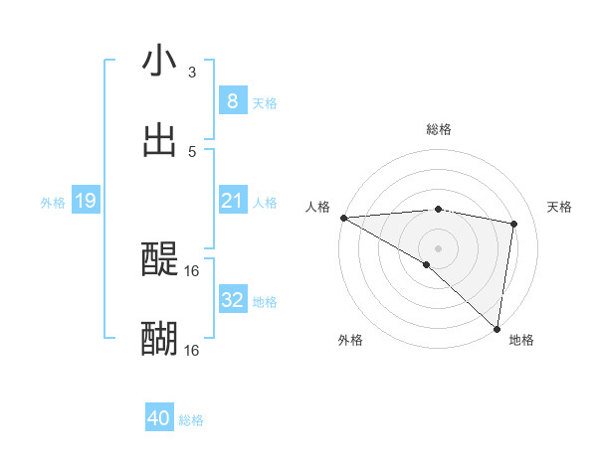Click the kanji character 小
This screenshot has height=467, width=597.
coord(159,61)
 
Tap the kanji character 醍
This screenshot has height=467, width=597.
coord(159,259)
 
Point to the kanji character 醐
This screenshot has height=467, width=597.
coord(159,339)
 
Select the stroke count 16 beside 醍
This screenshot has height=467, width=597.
coord(192,270)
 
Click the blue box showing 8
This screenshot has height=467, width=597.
coord(232,101)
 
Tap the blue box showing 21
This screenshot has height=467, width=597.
coord(232,202)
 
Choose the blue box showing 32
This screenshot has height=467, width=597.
coord(232,300)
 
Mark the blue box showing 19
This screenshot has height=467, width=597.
coord(86,202)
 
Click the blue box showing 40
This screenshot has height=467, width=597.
coord(159,419)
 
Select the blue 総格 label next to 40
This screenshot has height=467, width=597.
coord(191,420)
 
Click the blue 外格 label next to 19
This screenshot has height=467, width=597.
coord(53,203)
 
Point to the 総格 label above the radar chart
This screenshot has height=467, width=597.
coord(438,129)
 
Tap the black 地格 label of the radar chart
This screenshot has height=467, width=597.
coord(521,340)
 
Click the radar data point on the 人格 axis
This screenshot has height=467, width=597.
coord(343,218)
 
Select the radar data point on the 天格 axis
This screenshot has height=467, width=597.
coord(514,224)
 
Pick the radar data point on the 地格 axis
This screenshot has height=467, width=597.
coord(497,329)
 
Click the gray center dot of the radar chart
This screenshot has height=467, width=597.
coord(438,247)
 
